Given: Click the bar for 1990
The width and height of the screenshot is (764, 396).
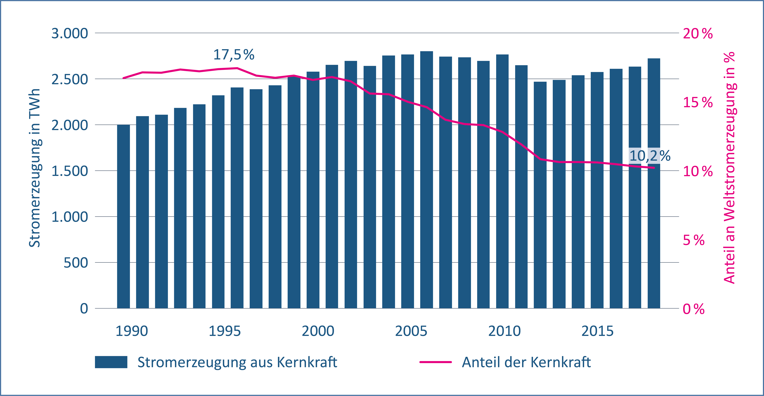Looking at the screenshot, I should coord(123,216).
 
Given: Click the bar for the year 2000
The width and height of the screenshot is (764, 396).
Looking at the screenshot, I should coord(313,190).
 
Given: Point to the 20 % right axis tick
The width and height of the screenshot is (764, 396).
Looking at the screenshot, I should coord(698,34).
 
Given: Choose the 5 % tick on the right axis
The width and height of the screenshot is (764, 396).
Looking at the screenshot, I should coord(693,240).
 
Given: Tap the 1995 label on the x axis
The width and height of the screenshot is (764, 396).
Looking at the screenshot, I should coord(224,331).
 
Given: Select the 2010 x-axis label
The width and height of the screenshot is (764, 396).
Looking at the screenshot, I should coord(504,331).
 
